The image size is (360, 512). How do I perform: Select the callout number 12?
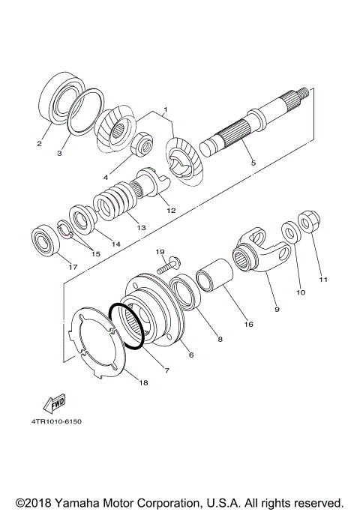tap(171, 211)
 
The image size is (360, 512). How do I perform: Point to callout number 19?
tap(159, 251)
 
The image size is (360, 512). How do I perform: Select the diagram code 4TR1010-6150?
tap(56, 421)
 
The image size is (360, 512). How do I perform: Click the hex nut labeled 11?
tap(306, 223)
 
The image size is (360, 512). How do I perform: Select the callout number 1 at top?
tap(164, 110)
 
